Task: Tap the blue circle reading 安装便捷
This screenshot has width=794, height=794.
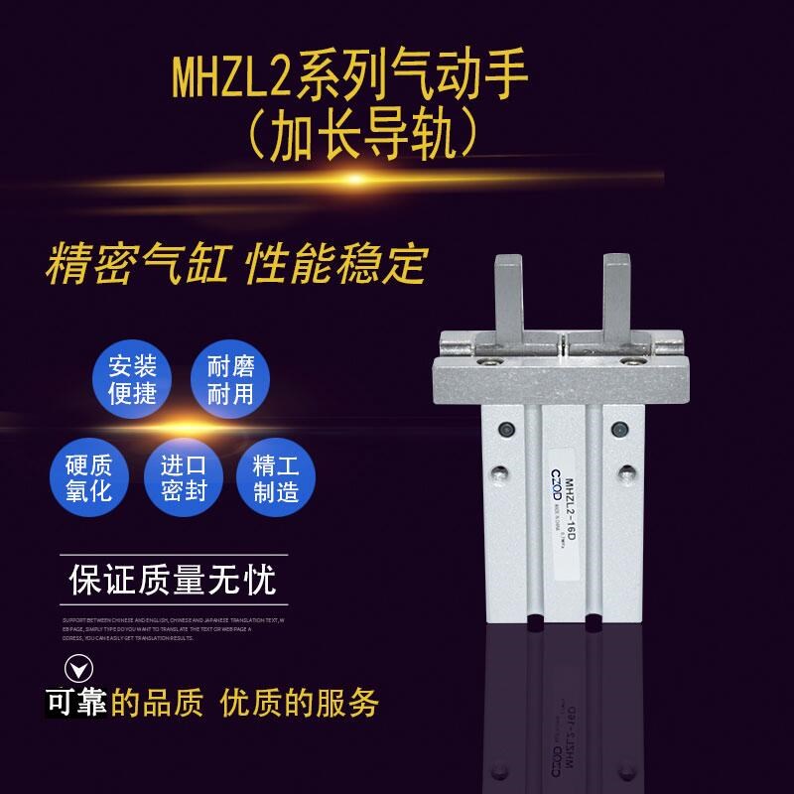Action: pyautogui.click(x=133, y=379)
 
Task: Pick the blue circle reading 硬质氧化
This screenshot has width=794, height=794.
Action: pyautogui.click(x=88, y=478)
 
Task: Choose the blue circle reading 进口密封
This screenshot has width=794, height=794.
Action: pyautogui.click(x=185, y=478)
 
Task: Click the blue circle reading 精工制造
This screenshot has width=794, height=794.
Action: pyautogui.click(x=276, y=478)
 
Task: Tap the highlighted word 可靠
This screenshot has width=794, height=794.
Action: pyautogui.click(x=77, y=703)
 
